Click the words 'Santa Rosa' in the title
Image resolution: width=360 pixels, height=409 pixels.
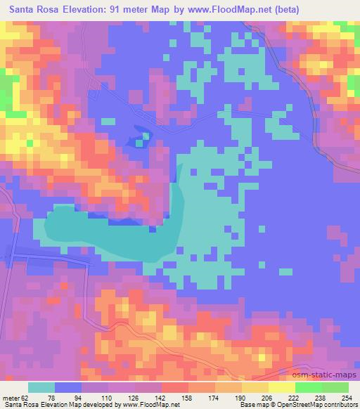[x=37, y=10]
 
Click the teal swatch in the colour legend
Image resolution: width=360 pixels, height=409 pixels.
[x=41, y=387]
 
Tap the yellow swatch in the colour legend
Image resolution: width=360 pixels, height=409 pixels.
[x=281, y=387]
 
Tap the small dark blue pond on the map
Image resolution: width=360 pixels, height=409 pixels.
[x=139, y=138]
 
